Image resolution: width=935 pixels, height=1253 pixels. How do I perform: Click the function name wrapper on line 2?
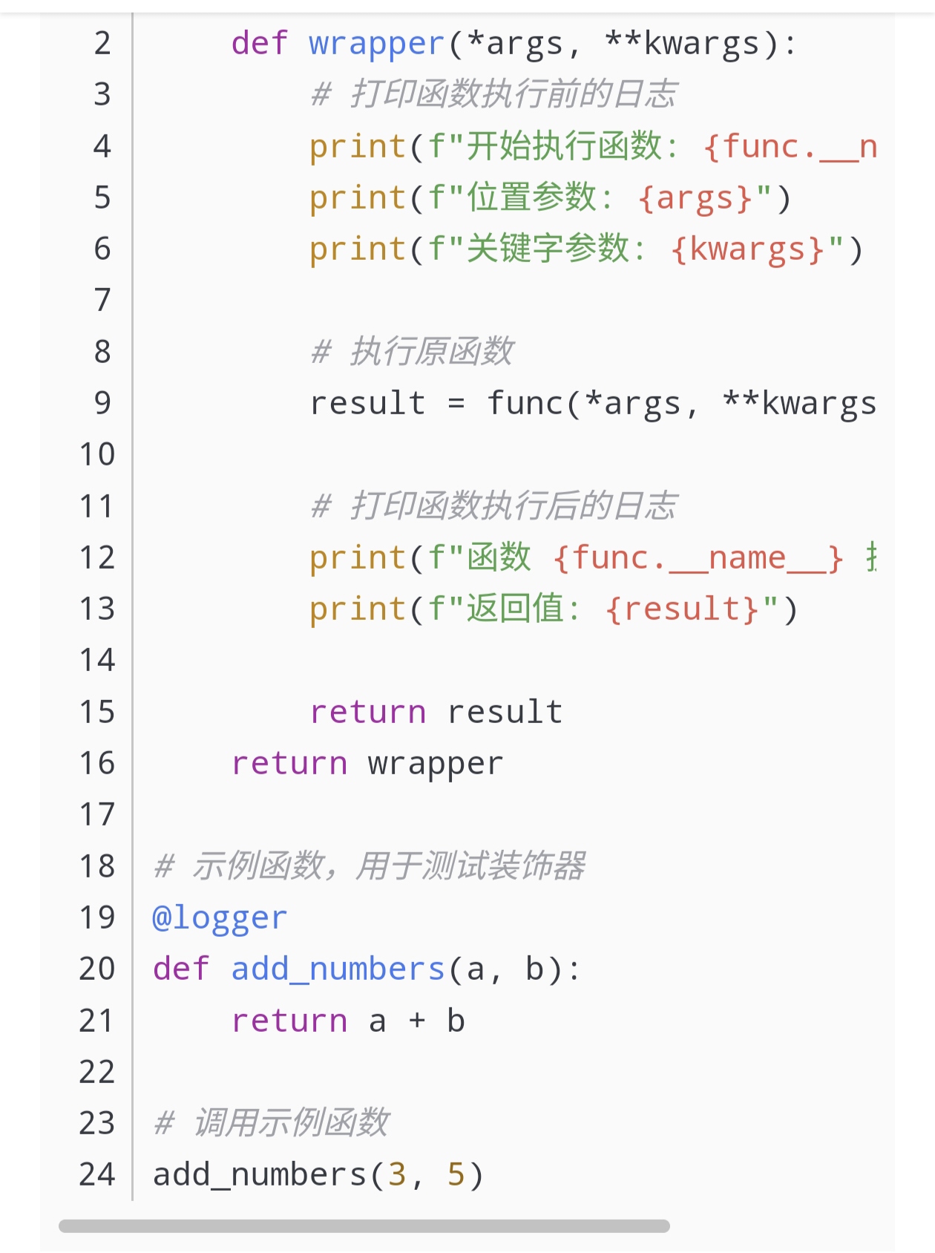pyautogui.click(x=376, y=44)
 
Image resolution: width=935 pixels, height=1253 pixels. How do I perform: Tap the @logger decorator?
pyautogui.click(x=220, y=918)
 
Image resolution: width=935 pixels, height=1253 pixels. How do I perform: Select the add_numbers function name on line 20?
pyautogui.click(x=338, y=969)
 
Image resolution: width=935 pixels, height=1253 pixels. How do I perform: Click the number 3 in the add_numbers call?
pyautogui.click(x=397, y=1175)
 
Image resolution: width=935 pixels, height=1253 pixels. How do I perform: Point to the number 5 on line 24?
pyautogui.click(x=456, y=1175)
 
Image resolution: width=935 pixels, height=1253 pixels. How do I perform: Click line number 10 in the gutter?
pyautogui.click(x=97, y=454)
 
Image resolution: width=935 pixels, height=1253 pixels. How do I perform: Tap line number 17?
pyautogui.click(x=97, y=814)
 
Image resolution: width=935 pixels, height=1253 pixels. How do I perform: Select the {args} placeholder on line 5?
pyautogui.click(x=695, y=198)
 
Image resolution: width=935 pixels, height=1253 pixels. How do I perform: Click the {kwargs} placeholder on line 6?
pyautogui.click(x=748, y=249)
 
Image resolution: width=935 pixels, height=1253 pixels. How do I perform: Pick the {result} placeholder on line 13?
pyautogui.click(x=683, y=609)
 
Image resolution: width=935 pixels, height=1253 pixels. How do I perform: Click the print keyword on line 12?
pyautogui.click(x=358, y=558)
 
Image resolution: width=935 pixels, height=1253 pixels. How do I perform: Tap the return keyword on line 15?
pyautogui.click(x=368, y=712)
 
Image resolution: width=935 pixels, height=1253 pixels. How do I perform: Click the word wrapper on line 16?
pyautogui.click(x=436, y=764)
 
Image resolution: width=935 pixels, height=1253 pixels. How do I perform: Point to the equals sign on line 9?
pyautogui.click(x=456, y=404)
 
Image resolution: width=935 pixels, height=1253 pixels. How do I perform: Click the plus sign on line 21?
pyautogui.click(x=417, y=1021)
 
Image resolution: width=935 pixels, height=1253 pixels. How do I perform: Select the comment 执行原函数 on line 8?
pyautogui.click(x=431, y=352)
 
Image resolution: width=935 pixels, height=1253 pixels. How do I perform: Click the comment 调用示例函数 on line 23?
pyautogui.click(x=291, y=1122)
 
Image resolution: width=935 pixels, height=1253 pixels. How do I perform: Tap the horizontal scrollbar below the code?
pyautogui.click(x=364, y=1226)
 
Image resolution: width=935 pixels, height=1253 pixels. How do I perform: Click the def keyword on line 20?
pyautogui.click(x=181, y=969)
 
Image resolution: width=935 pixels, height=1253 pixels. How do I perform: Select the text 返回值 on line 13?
pyautogui.click(x=515, y=609)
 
